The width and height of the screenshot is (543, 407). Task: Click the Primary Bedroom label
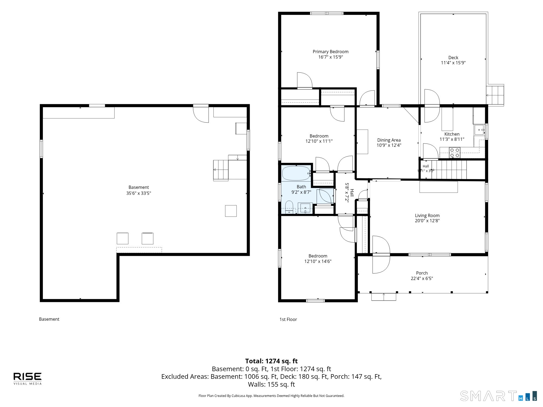tap(330, 52)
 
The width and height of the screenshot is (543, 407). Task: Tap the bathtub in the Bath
tap(296, 173)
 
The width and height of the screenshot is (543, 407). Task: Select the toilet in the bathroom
tap(289, 207)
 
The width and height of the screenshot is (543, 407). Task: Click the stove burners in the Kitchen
tap(454, 152)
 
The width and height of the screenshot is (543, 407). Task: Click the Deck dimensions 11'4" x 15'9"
tap(453, 63)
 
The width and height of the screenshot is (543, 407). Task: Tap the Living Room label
tap(427, 215)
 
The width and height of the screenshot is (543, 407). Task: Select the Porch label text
tap(422, 273)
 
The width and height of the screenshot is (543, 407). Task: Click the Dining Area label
tap(389, 140)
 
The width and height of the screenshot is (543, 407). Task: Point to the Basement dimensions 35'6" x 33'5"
tap(138, 193)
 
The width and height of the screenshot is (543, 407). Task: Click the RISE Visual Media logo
tap(27, 379)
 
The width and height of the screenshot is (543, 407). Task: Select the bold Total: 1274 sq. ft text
tap(271, 361)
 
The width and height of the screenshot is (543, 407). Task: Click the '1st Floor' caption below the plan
tap(288, 319)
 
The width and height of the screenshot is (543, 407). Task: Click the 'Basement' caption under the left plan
tap(49, 319)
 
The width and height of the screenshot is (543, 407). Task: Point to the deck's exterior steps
tap(495, 95)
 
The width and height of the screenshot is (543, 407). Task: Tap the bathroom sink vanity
tap(305, 208)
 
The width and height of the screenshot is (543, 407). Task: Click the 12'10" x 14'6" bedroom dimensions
tap(318, 261)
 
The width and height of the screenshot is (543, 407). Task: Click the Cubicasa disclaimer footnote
tap(271, 396)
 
